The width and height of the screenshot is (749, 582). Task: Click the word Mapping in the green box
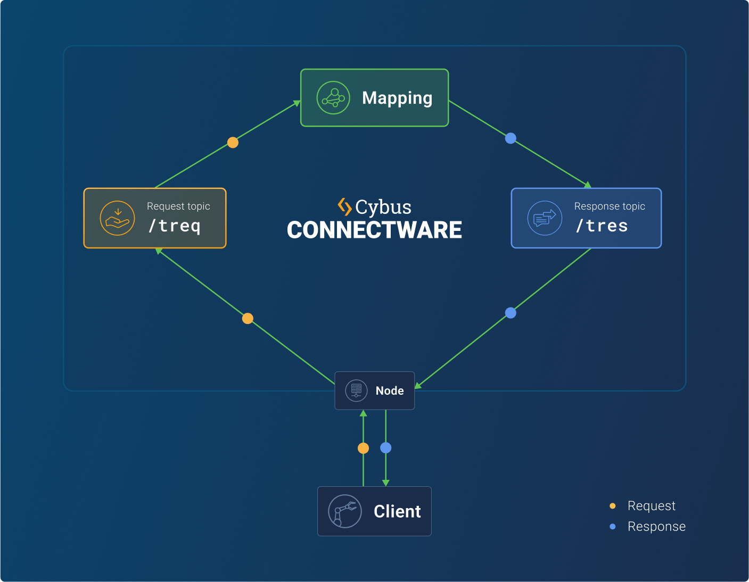(x=397, y=98)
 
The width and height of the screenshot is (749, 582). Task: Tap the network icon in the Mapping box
(x=333, y=98)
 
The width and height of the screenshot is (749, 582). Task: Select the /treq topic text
(x=175, y=226)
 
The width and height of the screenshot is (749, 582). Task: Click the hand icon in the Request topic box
(x=117, y=218)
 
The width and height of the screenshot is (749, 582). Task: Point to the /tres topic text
(x=602, y=226)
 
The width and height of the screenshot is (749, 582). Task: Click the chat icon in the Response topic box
(x=545, y=218)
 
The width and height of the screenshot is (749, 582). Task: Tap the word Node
(x=390, y=391)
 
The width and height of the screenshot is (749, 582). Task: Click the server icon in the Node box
(x=356, y=390)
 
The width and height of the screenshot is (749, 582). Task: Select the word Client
(x=397, y=511)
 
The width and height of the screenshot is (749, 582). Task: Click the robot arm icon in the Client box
(x=345, y=511)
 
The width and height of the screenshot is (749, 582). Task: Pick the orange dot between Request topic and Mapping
(x=233, y=143)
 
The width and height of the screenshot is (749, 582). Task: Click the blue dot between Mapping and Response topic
(x=511, y=138)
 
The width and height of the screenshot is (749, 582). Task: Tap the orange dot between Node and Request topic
(x=248, y=319)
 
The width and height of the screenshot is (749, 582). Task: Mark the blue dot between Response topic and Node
(x=511, y=313)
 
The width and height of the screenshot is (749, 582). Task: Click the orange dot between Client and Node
(x=363, y=448)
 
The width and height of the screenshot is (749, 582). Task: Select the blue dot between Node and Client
(x=386, y=448)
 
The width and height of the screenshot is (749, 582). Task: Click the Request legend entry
(x=651, y=506)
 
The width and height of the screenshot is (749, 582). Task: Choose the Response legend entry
(x=656, y=527)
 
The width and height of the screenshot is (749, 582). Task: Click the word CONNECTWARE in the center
(x=374, y=230)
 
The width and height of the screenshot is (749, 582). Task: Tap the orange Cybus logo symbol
(x=344, y=206)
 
